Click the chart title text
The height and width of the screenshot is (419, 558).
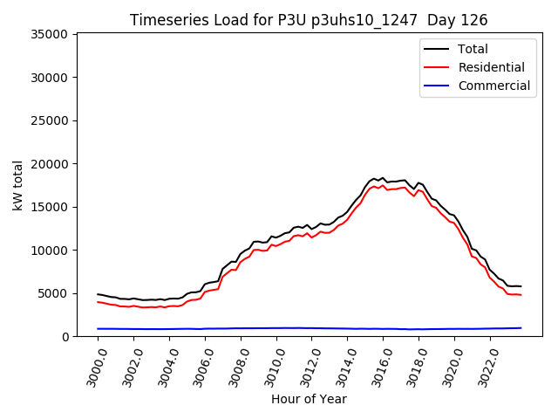point(309,20)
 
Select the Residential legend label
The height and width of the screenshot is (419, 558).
point(491,67)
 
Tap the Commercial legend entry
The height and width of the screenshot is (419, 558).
point(493,86)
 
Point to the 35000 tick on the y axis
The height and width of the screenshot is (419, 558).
point(50,35)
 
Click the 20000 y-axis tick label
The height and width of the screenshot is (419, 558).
point(50,164)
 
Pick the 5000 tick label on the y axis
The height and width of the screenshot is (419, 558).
point(53,293)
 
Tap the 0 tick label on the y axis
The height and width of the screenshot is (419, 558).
point(65,337)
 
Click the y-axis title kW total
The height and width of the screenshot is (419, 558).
point(18,185)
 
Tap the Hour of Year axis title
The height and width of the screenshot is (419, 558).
point(309,399)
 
